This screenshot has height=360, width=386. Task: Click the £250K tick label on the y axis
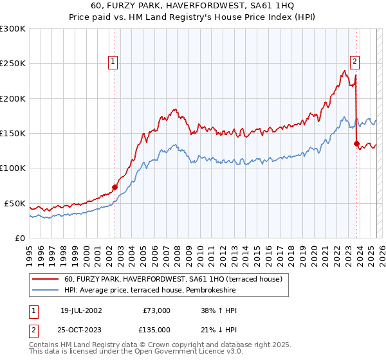(13, 64)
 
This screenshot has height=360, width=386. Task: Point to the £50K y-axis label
(15, 203)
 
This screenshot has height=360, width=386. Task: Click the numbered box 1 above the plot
(113, 62)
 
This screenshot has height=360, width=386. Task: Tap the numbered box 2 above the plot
(354, 62)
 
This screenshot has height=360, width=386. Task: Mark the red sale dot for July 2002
(115, 187)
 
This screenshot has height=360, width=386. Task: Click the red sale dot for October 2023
(356, 144)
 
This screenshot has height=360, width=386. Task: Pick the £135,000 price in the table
(156, 330)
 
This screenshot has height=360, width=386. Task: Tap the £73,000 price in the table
(156, 310)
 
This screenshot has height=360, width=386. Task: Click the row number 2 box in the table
(33, 330)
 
